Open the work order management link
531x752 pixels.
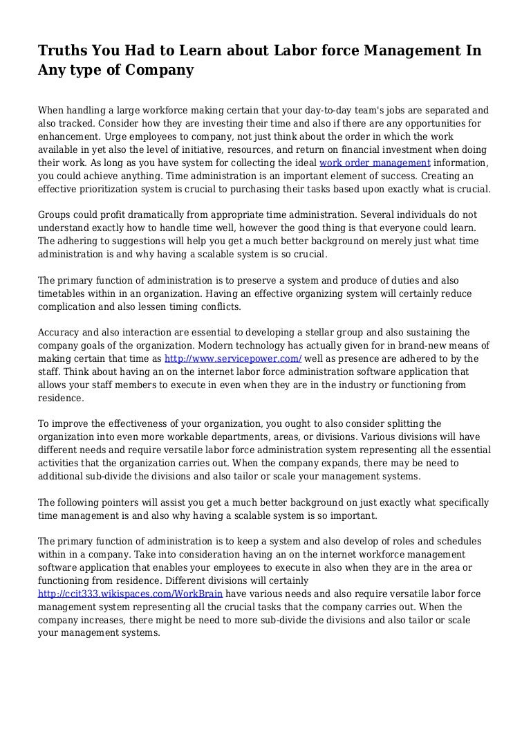375,163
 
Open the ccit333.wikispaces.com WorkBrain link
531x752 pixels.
131,594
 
